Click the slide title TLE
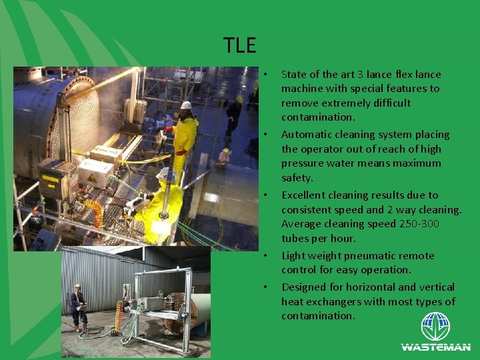[x=240, y=45]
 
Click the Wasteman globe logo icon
[x=435, y=327]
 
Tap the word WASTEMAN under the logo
[x=435, y=347]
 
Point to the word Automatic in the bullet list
[x=307, y=135]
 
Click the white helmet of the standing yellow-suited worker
[x=186, y=105]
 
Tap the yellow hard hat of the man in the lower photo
[x=77, y=286]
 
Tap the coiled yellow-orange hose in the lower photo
[x=120, y=317]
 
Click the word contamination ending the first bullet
[x=318, y=117]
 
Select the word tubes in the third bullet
[x=295, y=239]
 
